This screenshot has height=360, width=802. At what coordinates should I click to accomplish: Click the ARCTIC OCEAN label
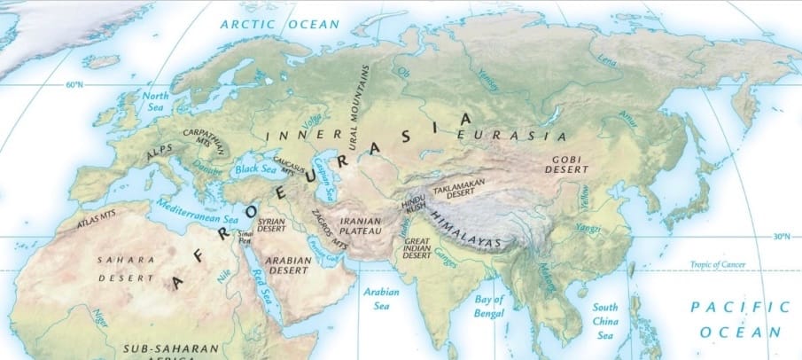pos(280,24)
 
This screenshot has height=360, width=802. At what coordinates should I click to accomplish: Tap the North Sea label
pos(155,101)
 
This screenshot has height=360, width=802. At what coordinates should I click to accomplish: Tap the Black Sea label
pos(257,168)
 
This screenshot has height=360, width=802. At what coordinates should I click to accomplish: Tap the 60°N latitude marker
pos(74,84)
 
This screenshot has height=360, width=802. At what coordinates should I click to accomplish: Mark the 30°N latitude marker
pos(781,237)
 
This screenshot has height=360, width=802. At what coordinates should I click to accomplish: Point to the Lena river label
pos(606,60)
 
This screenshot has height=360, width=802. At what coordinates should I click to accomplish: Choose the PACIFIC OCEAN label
pos(739,318)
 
